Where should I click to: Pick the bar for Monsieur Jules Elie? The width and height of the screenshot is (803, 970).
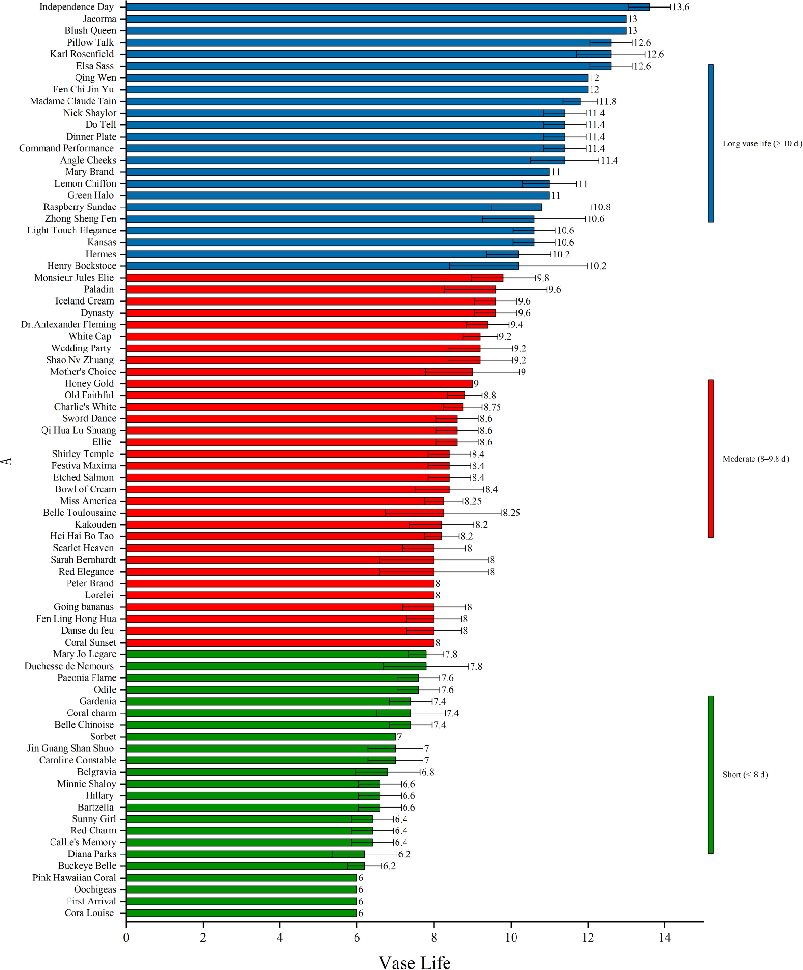pos(314,278)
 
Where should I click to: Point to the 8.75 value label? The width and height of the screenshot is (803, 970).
pos(492,407)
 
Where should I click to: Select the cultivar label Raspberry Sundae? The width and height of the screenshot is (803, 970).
pos(79,207)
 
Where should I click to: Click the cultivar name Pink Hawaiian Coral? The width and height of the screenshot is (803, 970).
pos(74,878)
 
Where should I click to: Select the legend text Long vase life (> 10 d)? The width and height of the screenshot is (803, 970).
pos(762,144)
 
